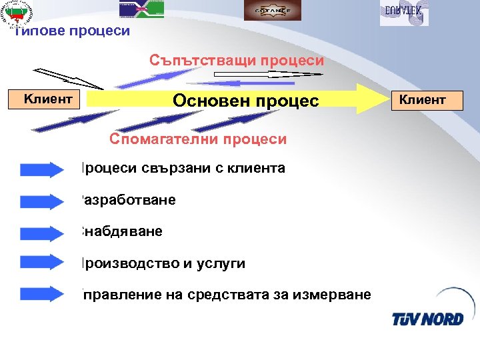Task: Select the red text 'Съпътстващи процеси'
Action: pos(237,61)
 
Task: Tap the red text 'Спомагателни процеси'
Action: pos(198,139)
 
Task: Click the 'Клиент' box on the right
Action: pos(421,100)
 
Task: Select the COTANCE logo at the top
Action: pos(263,10)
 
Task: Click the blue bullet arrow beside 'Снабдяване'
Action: pos(41,233)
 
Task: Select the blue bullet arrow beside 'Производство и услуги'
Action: pos(41,264)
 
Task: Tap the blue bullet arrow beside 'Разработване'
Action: pos(41,201)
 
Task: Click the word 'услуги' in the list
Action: pos(223,264)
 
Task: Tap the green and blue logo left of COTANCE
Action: pos(141,9)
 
